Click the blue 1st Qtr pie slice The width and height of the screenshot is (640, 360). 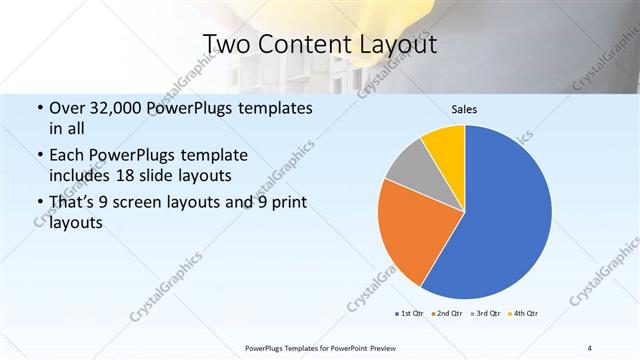(x=505, y=215)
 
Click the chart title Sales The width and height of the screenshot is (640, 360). (x=463, y=107)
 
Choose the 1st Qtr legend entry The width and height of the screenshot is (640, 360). (x=410, y=314)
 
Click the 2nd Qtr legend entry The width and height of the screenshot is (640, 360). (x=445, y=314)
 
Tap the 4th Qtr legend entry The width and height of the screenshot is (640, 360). (x=524, y=314)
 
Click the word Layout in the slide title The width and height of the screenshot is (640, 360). (x=391, y=45)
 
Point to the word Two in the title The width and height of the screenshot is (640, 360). (x=225, y=45)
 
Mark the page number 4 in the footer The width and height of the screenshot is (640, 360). (x=590, y=347)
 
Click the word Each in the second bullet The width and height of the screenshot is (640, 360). (x=66, y=156)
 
